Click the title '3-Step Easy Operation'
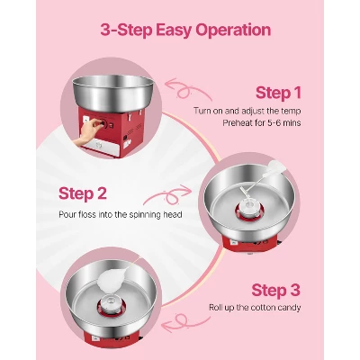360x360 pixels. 180,31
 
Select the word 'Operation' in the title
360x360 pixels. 230,31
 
